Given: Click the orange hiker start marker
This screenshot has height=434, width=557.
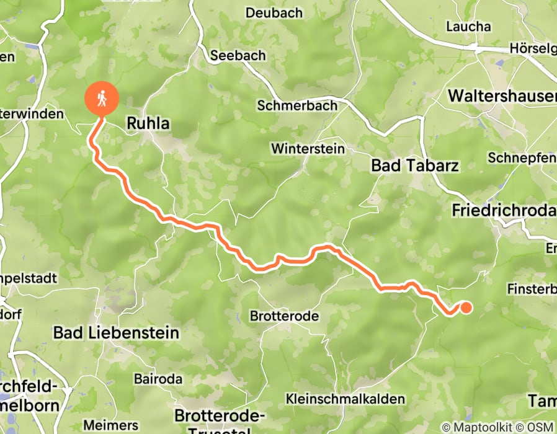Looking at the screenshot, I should [100, 99].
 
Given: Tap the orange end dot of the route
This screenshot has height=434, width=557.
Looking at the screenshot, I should [465, 307].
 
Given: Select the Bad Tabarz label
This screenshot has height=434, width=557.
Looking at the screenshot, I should [414, 166].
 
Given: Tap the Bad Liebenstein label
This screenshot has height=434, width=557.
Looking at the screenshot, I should [116, 333].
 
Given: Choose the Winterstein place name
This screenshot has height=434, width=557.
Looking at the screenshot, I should [308, 149].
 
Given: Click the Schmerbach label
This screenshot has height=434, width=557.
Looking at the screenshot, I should [297, 106].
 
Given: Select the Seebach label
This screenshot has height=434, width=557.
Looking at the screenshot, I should [238, 55].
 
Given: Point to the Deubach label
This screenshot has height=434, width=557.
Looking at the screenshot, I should [274, 13].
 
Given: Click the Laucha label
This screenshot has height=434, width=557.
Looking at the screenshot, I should [468, 27].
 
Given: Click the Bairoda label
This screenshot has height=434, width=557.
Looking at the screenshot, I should [158, 379].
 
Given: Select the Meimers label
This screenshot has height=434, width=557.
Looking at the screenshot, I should [118, 425].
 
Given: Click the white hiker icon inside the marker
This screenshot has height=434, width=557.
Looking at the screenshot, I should [100, 97].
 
